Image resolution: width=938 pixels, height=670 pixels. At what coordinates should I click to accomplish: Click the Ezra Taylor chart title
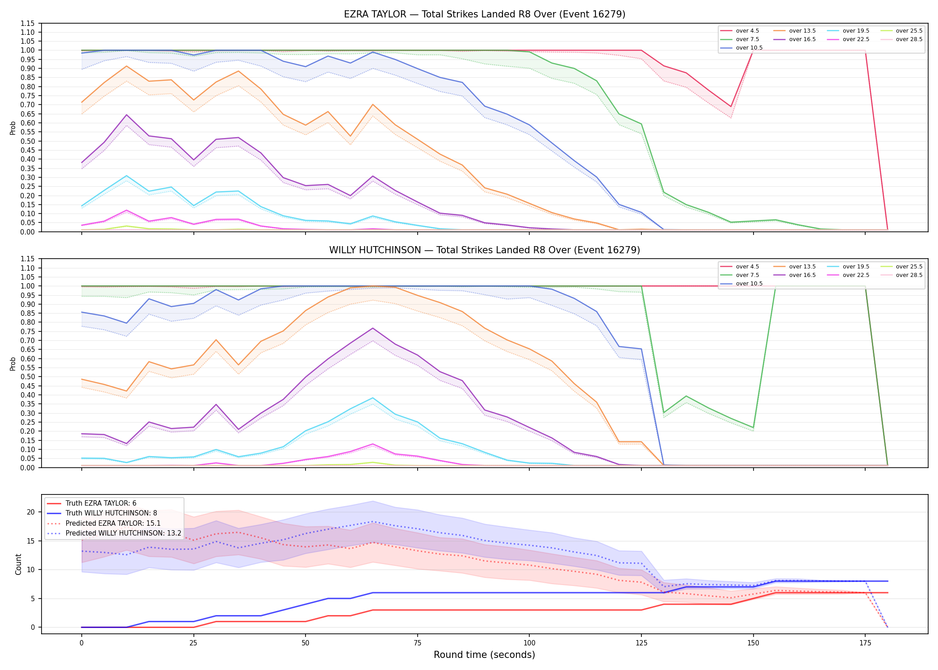tap(485, 14)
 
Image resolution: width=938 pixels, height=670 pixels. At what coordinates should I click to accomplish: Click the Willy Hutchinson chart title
tap(485, 250)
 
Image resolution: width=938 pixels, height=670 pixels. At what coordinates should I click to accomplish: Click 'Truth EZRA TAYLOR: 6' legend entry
tap(101, 503)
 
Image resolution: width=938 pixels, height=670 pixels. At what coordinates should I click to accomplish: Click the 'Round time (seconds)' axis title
tap(484, 655)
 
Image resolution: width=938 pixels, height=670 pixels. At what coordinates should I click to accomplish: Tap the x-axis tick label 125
tap(641, 643)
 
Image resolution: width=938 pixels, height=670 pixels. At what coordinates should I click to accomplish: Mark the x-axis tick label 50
tap(305, 643)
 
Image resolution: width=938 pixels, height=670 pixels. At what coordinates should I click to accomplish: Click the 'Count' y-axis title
tap(18, 564)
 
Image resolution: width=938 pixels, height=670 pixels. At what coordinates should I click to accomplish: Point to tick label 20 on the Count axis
tap(31, 512)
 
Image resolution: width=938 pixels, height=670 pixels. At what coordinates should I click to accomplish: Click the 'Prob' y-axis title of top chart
tap(13, 128)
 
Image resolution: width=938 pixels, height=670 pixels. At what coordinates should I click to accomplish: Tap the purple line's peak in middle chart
tap(373, 328)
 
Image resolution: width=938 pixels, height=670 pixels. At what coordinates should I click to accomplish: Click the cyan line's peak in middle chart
tap(373, 398)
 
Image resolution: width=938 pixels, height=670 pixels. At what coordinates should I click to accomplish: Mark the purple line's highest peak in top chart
tap(126, 115)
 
